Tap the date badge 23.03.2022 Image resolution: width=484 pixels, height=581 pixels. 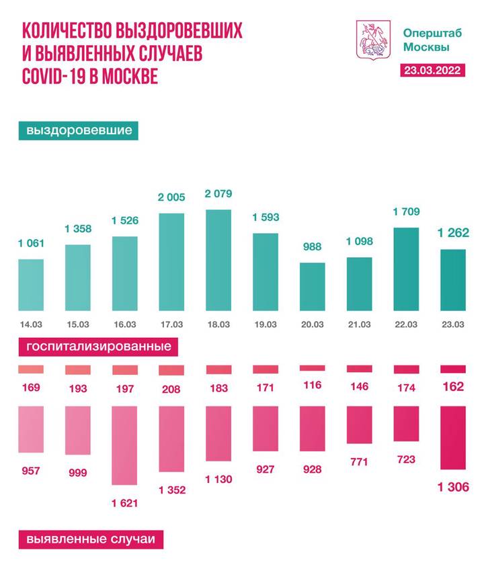click(432, 71)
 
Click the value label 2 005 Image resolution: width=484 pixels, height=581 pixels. click(171, 197)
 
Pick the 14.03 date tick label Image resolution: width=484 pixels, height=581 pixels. click(30, 325)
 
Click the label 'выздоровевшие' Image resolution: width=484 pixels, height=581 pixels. click(79, 130)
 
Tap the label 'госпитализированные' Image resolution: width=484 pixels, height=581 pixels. click(98, 347)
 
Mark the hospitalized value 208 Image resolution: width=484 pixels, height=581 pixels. click(171, 387)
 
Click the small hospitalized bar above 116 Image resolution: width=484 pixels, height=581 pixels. click(312, 368)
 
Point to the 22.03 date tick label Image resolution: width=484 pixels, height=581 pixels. click(406, 325)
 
